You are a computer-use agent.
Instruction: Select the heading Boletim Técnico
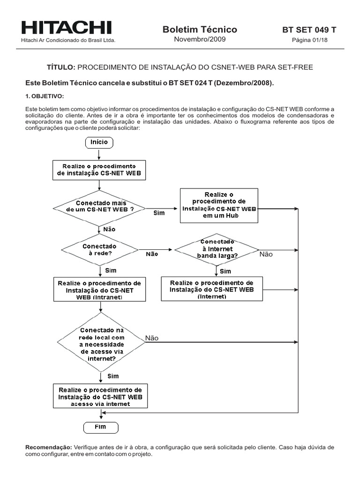point(200,30)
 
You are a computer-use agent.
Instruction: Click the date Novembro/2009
point(200,39)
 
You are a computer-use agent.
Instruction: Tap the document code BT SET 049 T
point(309,30)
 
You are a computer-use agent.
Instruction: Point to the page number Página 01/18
point(309,40)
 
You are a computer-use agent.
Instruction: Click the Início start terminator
point(99,142)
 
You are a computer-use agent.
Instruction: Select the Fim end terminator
point(101,427)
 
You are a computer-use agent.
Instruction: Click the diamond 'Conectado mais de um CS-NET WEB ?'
point(99,207)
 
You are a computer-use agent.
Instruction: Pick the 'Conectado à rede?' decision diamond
point(99,249)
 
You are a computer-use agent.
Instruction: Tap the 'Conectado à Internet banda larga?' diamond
point(216,249)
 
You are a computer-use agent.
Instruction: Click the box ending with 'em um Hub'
point(219,205)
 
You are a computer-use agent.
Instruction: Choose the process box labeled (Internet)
point(212,289)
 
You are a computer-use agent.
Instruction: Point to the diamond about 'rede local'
point(100,344)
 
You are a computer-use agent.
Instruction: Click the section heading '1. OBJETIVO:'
point(45,96)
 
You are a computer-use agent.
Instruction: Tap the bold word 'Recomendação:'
point(48,448)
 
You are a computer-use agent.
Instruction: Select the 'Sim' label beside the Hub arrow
point(159,213)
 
